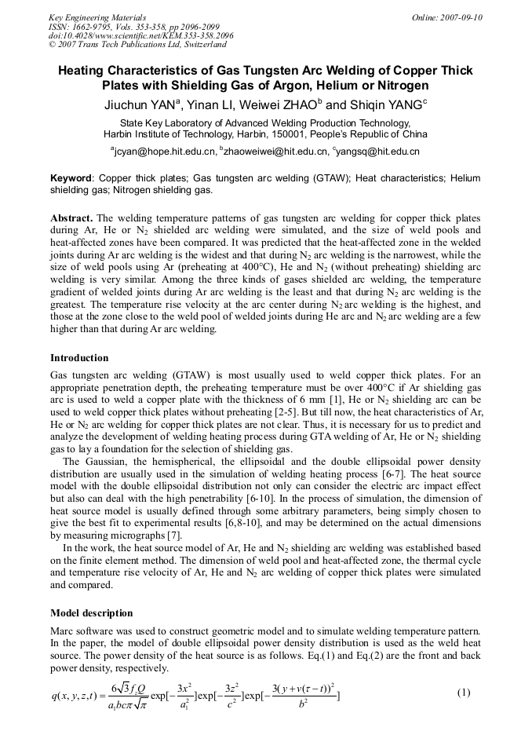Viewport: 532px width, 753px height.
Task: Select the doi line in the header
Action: [x=140, y=35]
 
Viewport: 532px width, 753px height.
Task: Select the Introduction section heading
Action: [x=79, y=358]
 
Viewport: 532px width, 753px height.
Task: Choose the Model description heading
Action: [x=91, y=612]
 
